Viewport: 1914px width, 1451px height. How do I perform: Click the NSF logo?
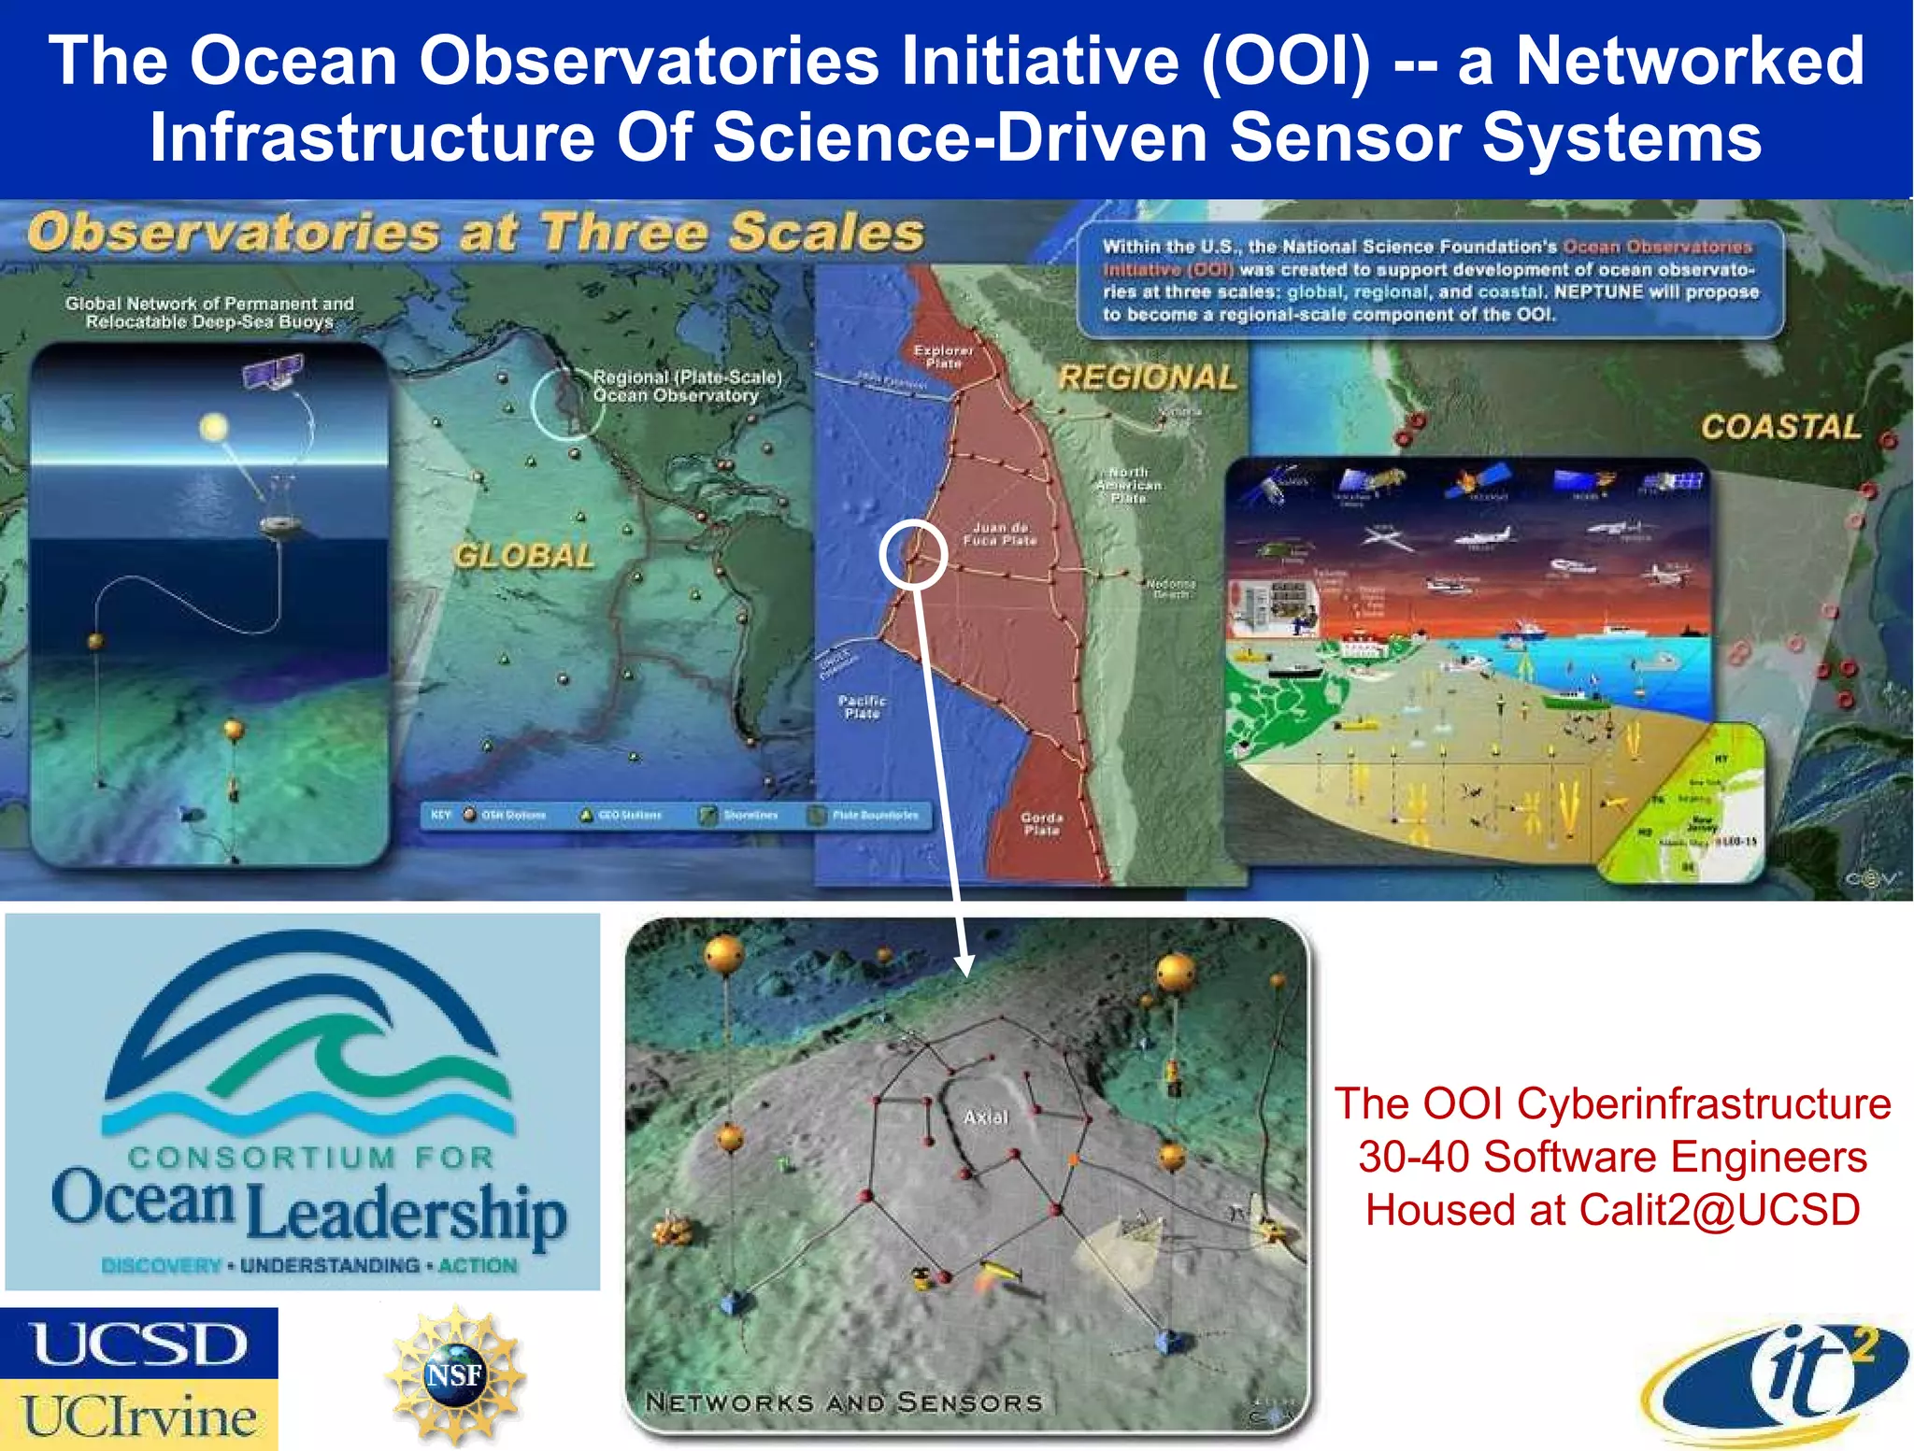click(454, 1374)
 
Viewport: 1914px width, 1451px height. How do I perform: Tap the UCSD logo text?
click(138, 1344)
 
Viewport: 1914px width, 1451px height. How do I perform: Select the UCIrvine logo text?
click(138, 1416)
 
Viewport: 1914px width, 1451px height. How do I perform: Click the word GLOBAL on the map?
click(524, 556)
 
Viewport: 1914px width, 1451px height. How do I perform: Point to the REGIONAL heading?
click(1148, 377)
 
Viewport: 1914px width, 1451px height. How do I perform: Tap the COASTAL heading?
click(1780, 427)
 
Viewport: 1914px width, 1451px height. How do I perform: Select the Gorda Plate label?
click(1041, 823)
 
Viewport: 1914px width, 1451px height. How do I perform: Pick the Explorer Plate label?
click(943, 356)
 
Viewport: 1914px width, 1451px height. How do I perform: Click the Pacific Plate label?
click(862, 706)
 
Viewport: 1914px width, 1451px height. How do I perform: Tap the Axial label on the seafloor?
click(986, 1117)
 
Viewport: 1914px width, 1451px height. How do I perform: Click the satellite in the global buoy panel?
click(273, 373)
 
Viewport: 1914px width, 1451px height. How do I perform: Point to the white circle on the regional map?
click(913, 554)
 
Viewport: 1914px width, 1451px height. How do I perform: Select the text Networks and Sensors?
click(843, 1401)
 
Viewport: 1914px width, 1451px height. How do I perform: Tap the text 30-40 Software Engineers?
click(1612, 1157)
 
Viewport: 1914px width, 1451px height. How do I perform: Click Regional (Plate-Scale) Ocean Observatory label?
click(687, 386)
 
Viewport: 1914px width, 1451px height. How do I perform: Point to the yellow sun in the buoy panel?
click(214, 428)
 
